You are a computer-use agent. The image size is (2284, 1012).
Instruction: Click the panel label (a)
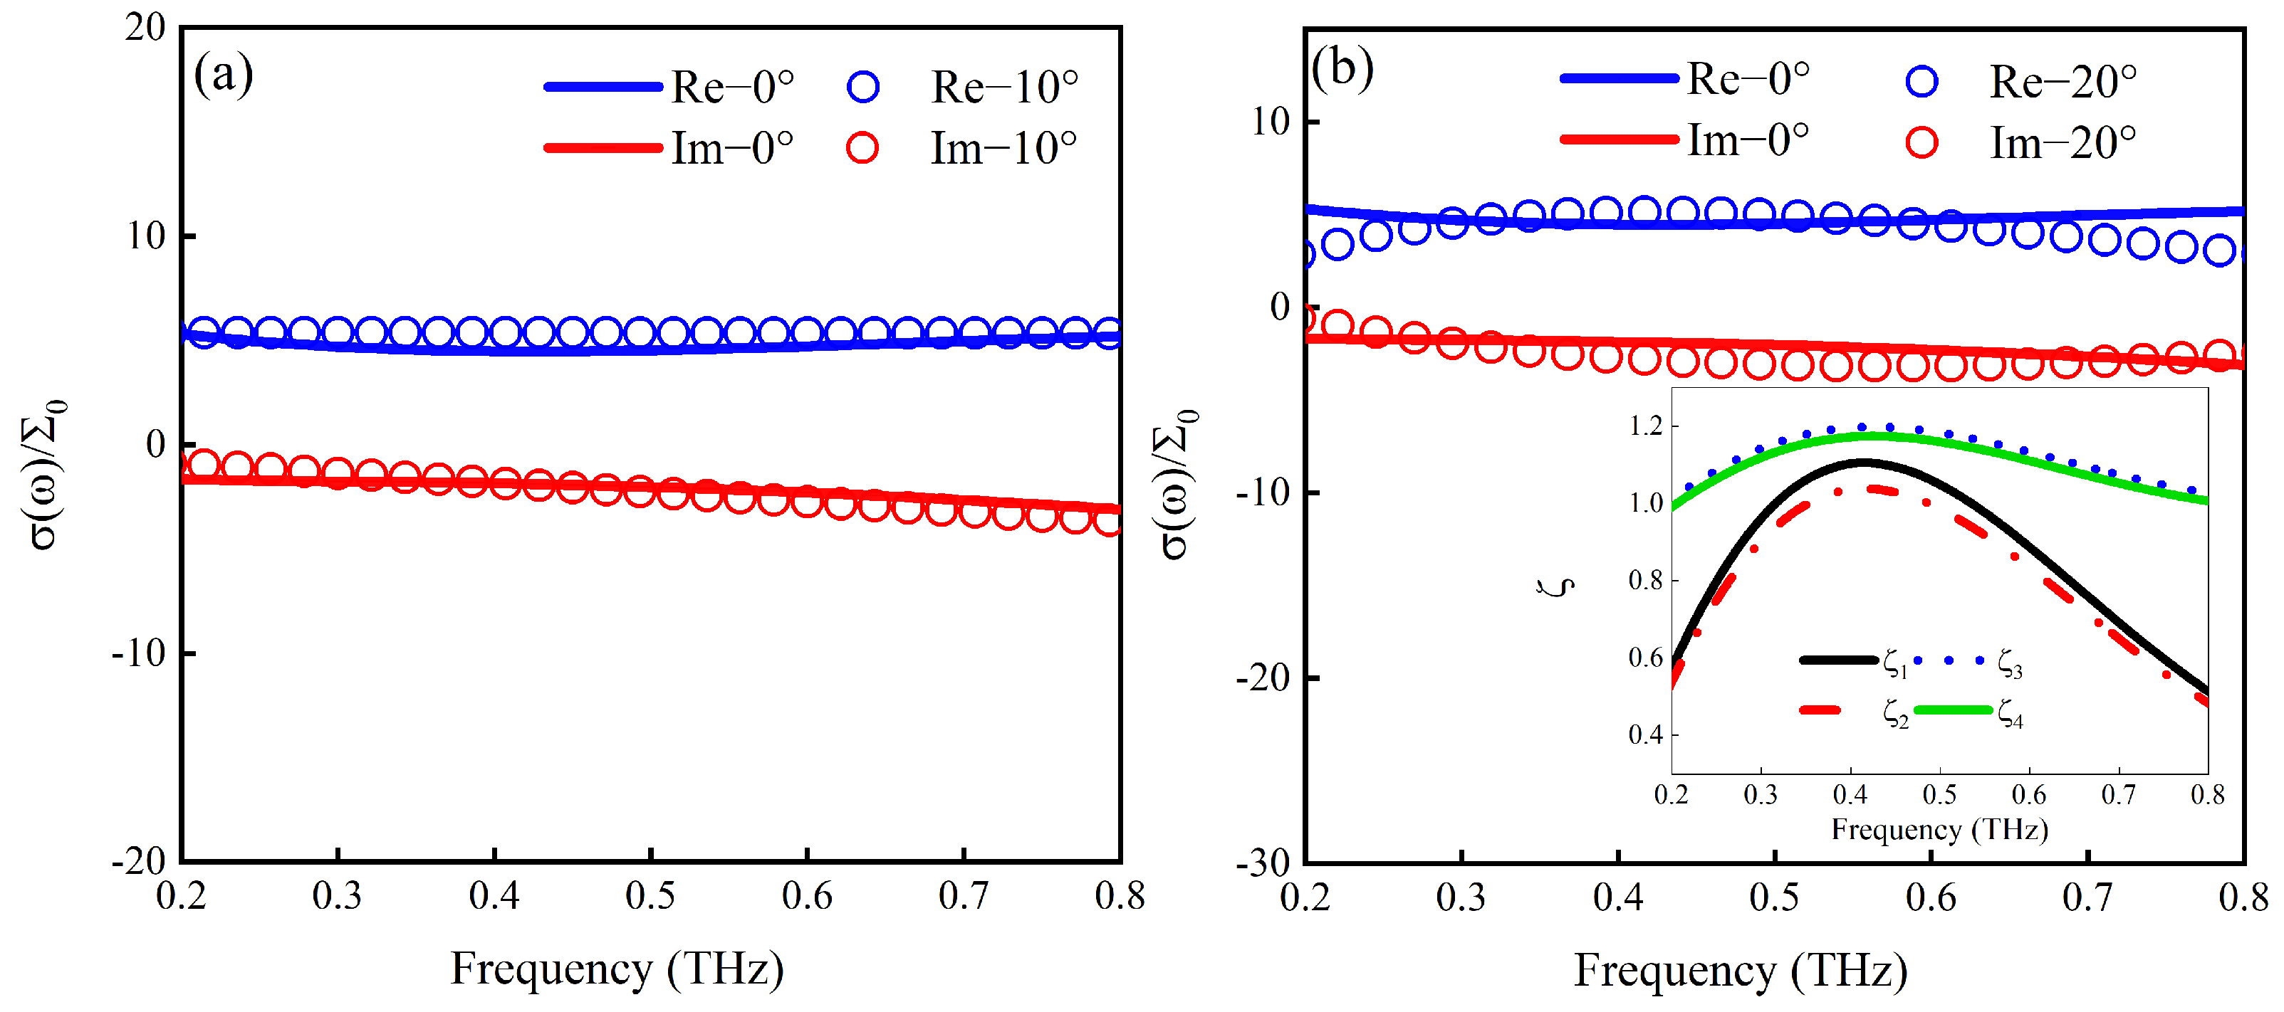click(224, 75)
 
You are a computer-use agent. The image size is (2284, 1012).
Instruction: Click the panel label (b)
click(1342, 68)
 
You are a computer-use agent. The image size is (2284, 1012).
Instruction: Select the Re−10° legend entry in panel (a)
click(1003, 88)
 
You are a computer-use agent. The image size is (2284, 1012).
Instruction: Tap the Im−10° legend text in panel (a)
click(1003, 148)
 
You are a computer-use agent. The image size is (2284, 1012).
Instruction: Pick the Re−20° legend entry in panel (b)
click(2062, 83)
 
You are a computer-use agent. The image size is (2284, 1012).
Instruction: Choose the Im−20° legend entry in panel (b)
click(2062, 142)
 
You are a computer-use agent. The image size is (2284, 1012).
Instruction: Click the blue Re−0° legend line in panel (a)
click(603, 87)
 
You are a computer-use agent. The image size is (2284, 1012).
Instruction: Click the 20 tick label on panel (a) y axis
click(145, 28)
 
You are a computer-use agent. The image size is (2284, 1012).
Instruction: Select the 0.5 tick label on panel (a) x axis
click(650, 896)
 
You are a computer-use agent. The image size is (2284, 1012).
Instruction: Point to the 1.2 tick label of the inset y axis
click(1646, 426)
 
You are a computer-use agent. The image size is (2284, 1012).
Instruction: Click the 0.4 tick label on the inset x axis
click(1850, 795)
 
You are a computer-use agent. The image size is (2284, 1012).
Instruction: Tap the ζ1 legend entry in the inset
click(1894, 663)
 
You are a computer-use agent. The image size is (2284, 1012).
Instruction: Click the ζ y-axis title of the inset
click(1557, 586)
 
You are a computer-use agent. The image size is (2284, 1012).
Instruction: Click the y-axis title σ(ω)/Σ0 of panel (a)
click(44, 474)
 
